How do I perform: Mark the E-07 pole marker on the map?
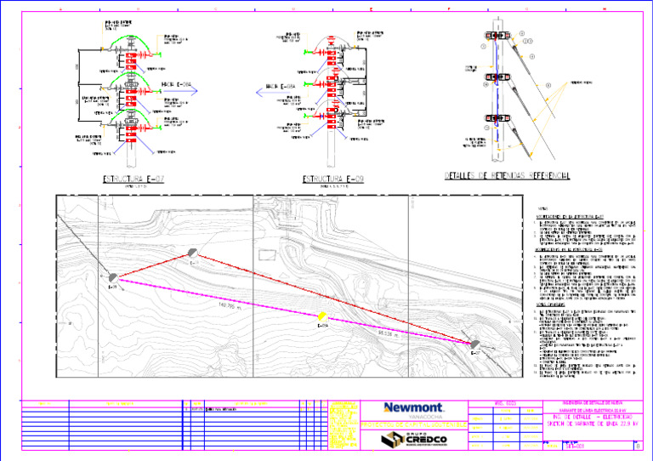pyautogui.click(x=113, y=277)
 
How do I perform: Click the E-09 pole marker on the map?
pyautogui.click(x=475, y=344)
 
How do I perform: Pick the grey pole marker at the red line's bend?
pyautogui.click(x=193, y=253)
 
